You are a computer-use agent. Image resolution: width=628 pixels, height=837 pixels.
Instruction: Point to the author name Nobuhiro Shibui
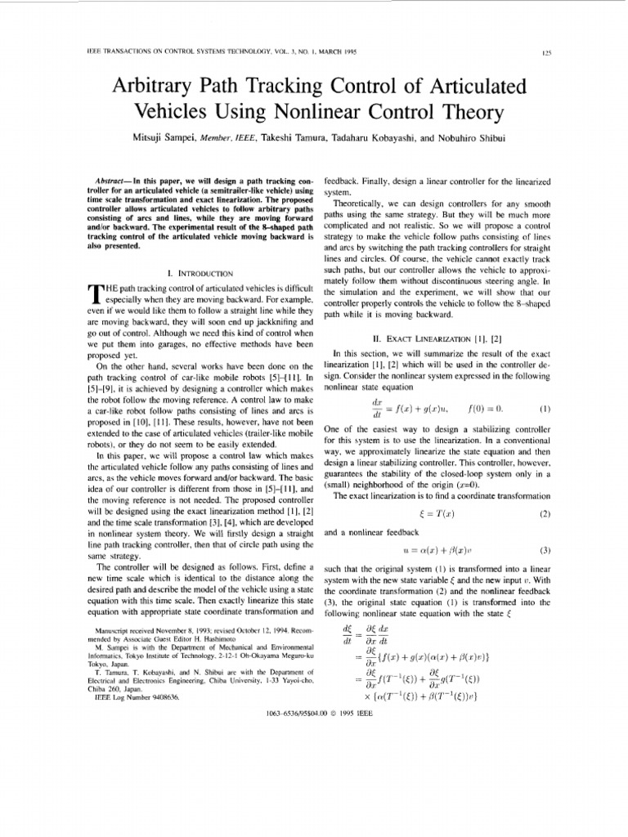click(x=495, y=138)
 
